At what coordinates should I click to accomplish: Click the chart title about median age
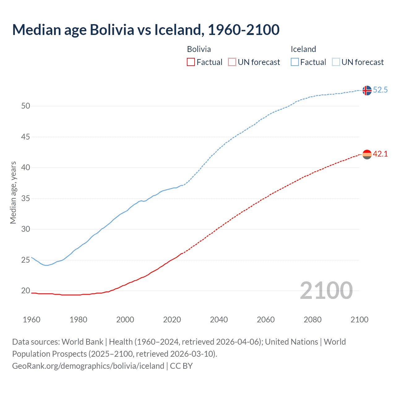146,30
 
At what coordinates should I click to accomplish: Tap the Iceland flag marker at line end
367,90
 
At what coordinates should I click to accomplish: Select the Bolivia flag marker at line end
367,154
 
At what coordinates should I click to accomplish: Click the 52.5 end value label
380,90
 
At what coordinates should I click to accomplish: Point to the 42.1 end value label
380,154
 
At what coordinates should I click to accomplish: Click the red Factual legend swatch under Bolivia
191,62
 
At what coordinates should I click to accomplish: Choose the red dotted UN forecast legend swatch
232,62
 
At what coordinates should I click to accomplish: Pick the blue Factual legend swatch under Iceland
295,62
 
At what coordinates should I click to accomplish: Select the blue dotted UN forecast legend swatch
336,62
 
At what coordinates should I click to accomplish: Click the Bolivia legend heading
199,49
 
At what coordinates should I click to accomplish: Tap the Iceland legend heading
303,49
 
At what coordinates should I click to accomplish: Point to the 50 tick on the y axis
26,106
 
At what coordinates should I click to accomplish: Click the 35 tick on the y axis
26,198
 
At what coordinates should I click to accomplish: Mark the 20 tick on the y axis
26,291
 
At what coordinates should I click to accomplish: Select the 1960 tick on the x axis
32,320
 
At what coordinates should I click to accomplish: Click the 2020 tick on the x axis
172,320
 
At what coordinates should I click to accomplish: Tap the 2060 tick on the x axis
266,320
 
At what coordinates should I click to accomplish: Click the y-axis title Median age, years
13,192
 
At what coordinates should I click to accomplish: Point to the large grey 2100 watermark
326,291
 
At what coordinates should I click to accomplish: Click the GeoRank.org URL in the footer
88,366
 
